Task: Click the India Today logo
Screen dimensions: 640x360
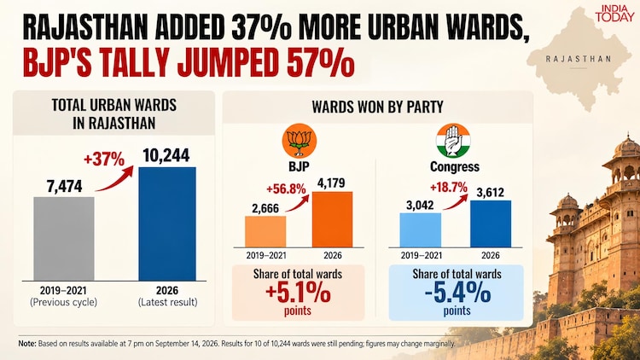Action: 614,13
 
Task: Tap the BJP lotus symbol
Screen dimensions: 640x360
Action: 300,141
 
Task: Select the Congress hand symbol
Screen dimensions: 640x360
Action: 453,141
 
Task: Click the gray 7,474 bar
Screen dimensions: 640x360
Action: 64,239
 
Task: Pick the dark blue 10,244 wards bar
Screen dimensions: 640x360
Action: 167,224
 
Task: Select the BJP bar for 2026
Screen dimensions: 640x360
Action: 332,219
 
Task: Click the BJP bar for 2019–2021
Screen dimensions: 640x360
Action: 265,232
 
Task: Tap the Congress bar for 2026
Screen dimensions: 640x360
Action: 490,224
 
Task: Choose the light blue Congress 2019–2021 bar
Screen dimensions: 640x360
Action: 421,230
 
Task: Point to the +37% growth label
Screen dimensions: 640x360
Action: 103,160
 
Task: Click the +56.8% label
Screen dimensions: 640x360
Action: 286,189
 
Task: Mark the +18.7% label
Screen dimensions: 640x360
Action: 448,188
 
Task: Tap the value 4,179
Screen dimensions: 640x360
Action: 331,183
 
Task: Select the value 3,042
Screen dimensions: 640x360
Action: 420,205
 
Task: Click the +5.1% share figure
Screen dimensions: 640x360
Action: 298,293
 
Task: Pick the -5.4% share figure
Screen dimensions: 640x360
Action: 457,293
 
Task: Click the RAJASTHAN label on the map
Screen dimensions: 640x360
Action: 579,59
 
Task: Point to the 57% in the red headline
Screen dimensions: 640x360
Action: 321,62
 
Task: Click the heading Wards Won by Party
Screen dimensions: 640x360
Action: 377,107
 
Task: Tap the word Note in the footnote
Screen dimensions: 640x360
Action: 27,344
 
